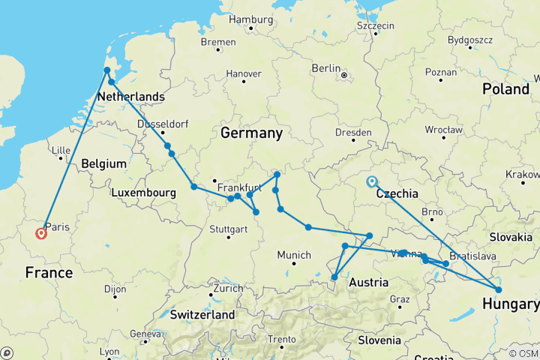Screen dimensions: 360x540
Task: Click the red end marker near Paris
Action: click(40, 233)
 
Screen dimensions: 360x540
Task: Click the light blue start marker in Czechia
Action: click(371, 181)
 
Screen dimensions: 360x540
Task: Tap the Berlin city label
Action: click(326, 68)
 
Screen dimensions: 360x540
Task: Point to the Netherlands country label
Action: click(131, 97)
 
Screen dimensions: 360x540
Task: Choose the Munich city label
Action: click(294, 255)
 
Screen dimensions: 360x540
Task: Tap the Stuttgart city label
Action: click(228, 228)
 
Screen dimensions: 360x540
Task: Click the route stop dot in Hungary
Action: click(499, 289)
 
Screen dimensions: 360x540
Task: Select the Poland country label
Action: click(505, 88)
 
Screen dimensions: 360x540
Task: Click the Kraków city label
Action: click(523, 174)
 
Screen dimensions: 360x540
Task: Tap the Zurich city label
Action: click(228, 288)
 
